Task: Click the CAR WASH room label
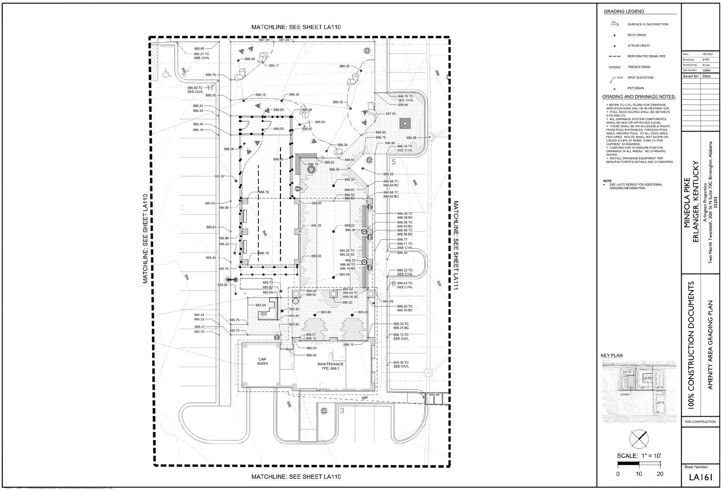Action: tap(262, 361)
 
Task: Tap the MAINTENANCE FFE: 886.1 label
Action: tap(330, 366)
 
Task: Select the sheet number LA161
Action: tap(701, 477)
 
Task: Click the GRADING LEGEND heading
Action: tap(623, 11)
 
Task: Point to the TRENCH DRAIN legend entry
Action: tap(637, 67)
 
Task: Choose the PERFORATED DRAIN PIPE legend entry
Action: tap(646, 56)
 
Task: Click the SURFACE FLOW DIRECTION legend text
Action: tap(647, 24)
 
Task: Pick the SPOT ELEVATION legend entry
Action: tap(640, 78)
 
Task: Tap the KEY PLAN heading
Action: tap(612, 356)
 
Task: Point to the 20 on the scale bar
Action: tap(660, 474)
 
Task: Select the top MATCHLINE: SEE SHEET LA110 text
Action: tap(295, 27)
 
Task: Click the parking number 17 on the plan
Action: tap(210, 88)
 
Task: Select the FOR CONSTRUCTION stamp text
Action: tap(701, 422)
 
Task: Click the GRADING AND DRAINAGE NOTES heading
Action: tap(639, 97)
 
